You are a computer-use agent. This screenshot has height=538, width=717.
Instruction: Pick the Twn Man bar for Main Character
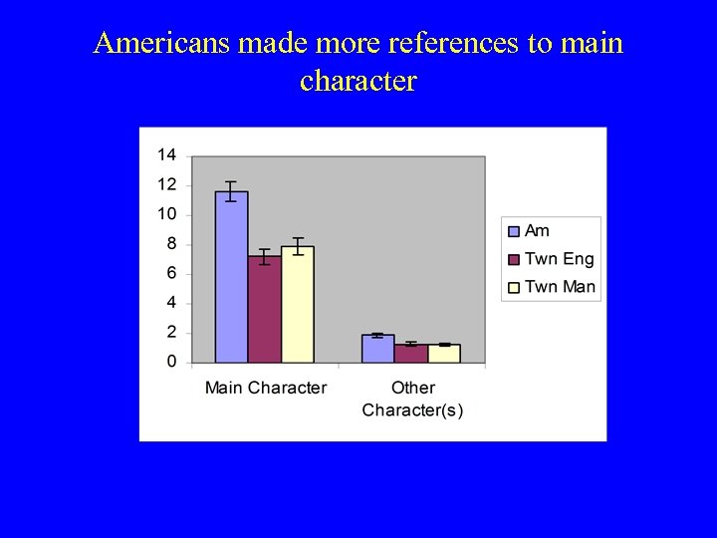pos(297,304)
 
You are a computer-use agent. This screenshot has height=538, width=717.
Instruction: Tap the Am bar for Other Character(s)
pos(377,349)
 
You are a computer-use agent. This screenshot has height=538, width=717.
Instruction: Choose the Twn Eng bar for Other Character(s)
pos(410,353)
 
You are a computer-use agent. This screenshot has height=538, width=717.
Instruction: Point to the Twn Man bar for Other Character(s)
pos(444,353)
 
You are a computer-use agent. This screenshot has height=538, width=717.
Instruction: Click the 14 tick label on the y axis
pos(166,154)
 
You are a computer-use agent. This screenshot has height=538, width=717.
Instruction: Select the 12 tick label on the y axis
pos(166,184)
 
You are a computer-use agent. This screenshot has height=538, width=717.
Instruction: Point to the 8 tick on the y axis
pos(170,243)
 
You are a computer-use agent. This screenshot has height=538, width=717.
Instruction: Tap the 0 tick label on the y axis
pos(171,362)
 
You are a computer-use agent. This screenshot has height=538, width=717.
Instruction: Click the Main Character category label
pos(265,388)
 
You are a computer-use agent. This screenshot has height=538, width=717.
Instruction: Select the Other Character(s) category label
pos(412,399)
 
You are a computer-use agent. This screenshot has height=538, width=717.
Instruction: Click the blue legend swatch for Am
pos(514,231)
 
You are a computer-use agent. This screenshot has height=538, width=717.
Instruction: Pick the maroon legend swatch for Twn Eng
pos(514,259)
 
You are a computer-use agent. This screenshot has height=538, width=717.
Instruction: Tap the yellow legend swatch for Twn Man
pos(514,287)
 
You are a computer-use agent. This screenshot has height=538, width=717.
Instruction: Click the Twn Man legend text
pos(560,287)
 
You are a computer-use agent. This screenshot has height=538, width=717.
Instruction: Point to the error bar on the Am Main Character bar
pos(231,191)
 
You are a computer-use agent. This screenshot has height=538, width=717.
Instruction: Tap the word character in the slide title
pos(358,80)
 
